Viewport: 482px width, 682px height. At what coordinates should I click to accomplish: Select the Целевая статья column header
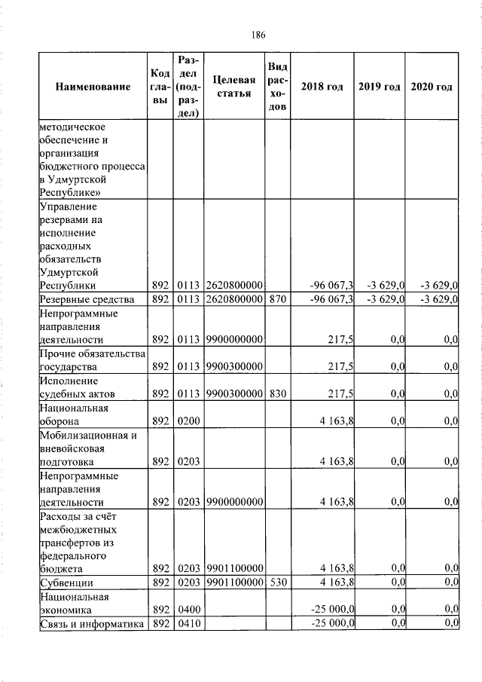click(233, 87)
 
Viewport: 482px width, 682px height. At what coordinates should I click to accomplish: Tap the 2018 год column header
click(322, 87)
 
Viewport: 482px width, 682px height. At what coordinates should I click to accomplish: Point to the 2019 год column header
click(379, 87)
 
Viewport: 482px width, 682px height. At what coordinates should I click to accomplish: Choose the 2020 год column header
click(432, 87)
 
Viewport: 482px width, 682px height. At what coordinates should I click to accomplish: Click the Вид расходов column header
click(277, 87)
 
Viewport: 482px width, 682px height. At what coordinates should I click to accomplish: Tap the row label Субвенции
click(66, 583)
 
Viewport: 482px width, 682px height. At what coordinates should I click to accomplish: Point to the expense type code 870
click(276, 300)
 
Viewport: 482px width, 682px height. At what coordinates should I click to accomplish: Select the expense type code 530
click(276, 583)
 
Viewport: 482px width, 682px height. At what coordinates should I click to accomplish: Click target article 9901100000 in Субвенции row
click(233, 583)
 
